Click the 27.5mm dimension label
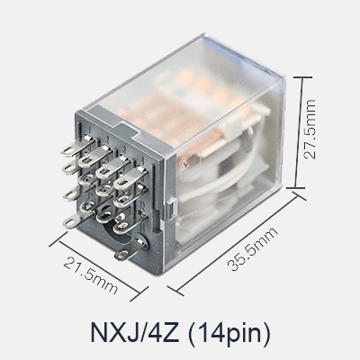(310, 129)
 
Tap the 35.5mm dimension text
(253, 249)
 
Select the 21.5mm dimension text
(90, 275)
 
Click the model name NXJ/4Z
(135, 332)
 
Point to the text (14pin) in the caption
(229, 333)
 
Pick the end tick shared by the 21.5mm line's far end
(139, 293)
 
